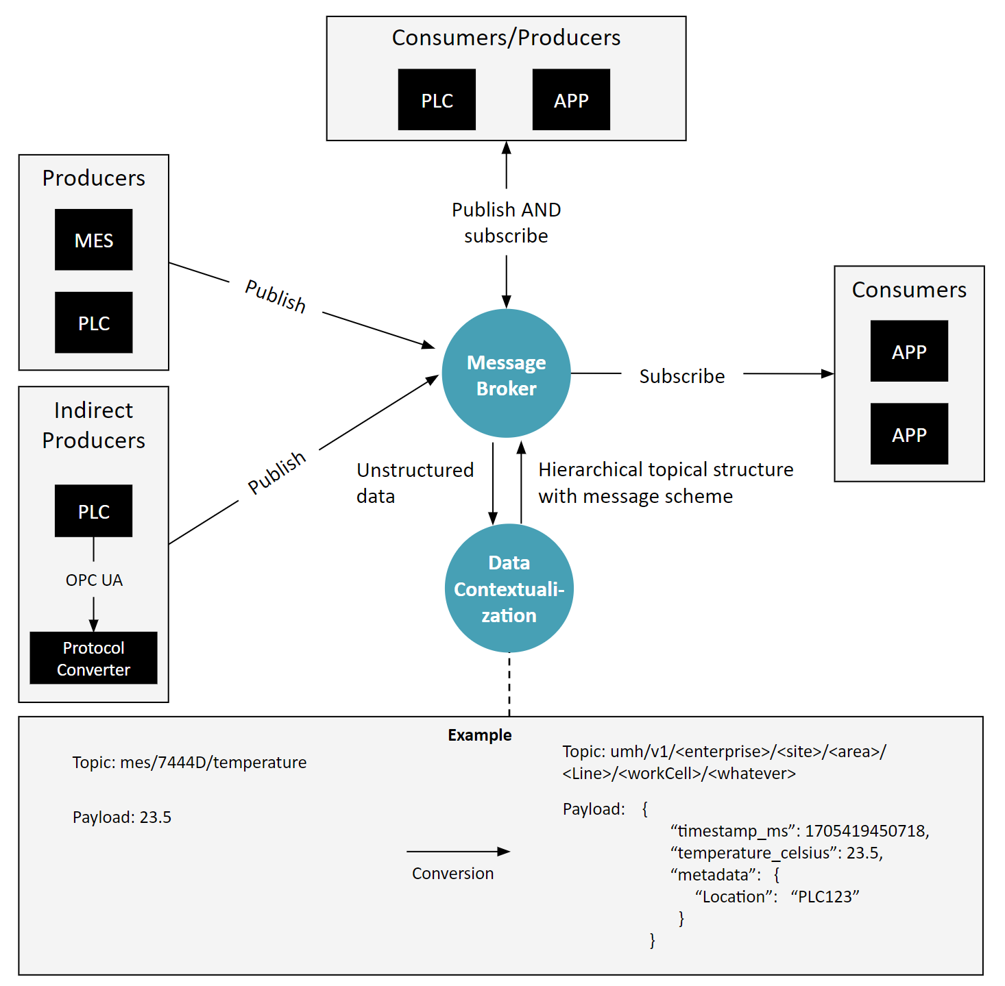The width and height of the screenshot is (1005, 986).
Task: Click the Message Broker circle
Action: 506,373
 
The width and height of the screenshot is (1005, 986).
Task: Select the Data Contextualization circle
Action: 509,589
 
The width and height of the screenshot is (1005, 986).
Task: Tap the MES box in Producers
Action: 94,240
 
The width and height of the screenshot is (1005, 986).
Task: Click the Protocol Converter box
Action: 93,658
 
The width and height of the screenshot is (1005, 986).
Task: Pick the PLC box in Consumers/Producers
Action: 437,100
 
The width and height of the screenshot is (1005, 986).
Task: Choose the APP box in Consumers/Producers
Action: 571,100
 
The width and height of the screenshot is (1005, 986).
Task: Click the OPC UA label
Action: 94,580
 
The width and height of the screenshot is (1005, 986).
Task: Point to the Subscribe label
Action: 681,376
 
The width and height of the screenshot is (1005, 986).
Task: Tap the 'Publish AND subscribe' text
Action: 506,223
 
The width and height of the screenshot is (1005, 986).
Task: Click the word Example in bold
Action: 479,735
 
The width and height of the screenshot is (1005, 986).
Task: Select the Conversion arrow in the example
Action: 458,852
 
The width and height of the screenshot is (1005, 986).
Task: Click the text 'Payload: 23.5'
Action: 122,817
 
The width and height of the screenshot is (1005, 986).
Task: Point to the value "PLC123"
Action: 825,897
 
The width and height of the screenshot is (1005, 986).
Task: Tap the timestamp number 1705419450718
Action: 866,831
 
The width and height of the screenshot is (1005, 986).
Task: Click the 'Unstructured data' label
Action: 414,483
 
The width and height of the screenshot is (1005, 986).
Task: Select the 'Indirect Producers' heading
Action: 94,425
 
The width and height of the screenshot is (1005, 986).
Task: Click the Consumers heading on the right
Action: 909,290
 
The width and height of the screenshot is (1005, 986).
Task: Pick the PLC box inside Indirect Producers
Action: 94,511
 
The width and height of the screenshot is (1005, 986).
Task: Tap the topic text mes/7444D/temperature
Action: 213,763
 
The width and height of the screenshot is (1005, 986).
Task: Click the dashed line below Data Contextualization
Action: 509,685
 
